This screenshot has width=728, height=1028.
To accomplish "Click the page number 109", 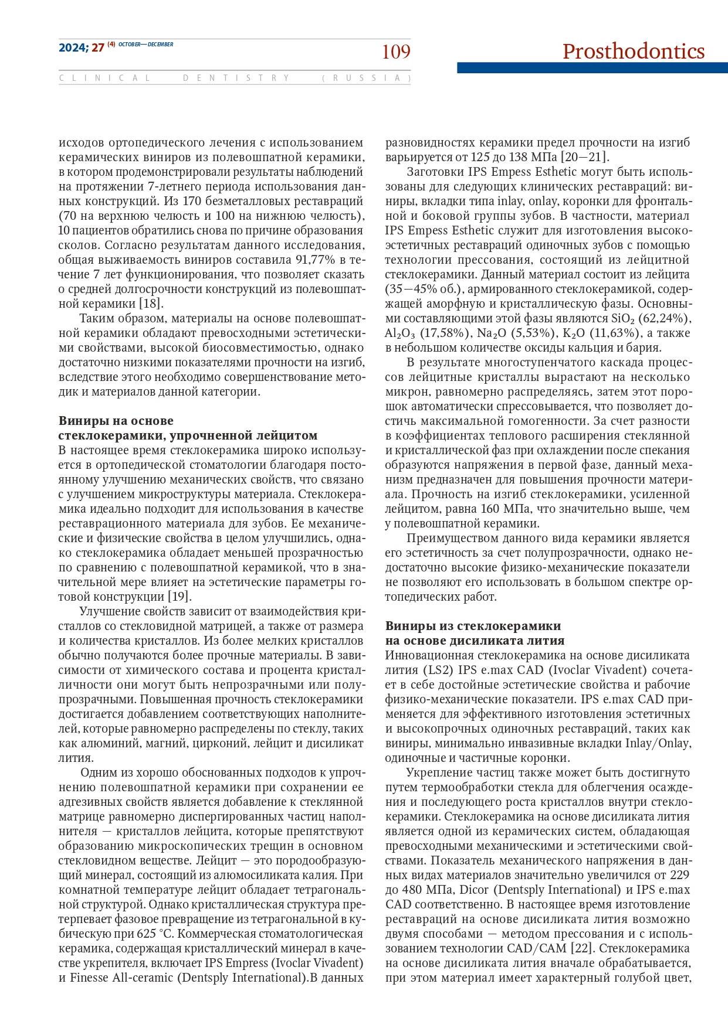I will (x=396, y=52).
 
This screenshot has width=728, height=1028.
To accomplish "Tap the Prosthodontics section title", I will (x=633, y=52).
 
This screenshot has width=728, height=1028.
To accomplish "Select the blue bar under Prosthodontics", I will (x=592, y=68).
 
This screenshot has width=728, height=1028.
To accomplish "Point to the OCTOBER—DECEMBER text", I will (x=146, y=45).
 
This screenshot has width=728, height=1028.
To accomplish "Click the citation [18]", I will (x=151, y=304).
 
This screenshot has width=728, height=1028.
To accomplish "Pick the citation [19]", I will (x=180, y=597).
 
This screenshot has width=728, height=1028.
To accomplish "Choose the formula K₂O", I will (x=575, y=333).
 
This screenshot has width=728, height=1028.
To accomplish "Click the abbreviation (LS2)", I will (x=438, y=670).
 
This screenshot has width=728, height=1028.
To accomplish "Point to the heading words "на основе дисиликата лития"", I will (x=475, y=640).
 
